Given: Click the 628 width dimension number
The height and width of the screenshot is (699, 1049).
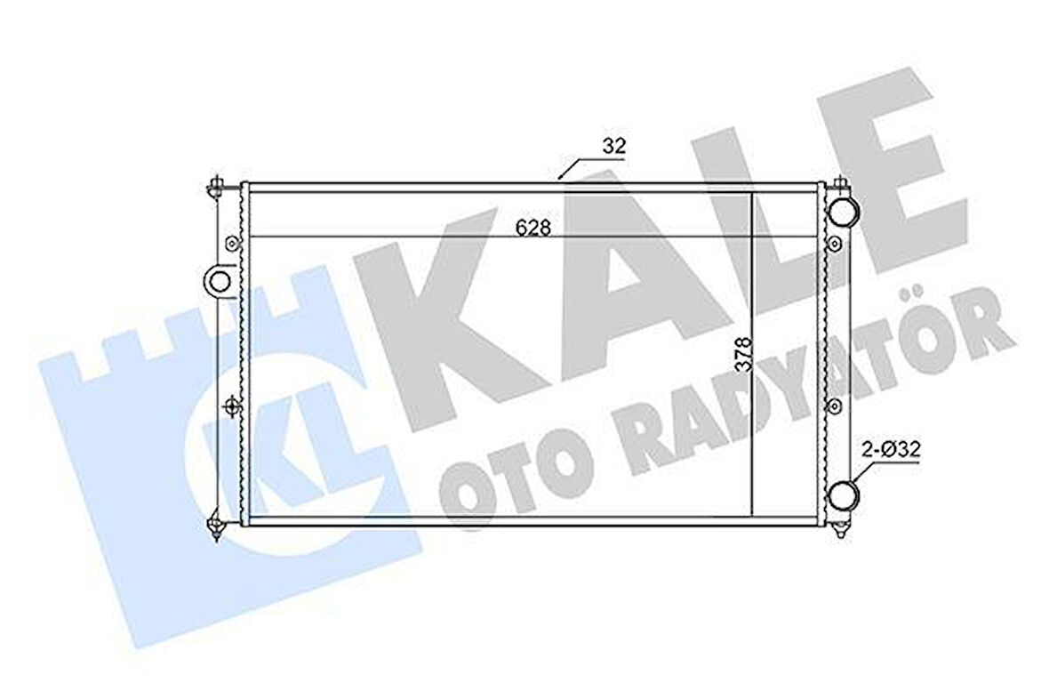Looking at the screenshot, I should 533,228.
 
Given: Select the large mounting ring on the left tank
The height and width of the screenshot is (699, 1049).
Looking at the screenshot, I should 219,281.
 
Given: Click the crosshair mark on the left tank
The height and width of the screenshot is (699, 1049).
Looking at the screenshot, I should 231,406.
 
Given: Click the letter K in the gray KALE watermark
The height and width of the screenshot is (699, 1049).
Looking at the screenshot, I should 453,320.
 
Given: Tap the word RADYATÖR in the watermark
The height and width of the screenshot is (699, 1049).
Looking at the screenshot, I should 800,391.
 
